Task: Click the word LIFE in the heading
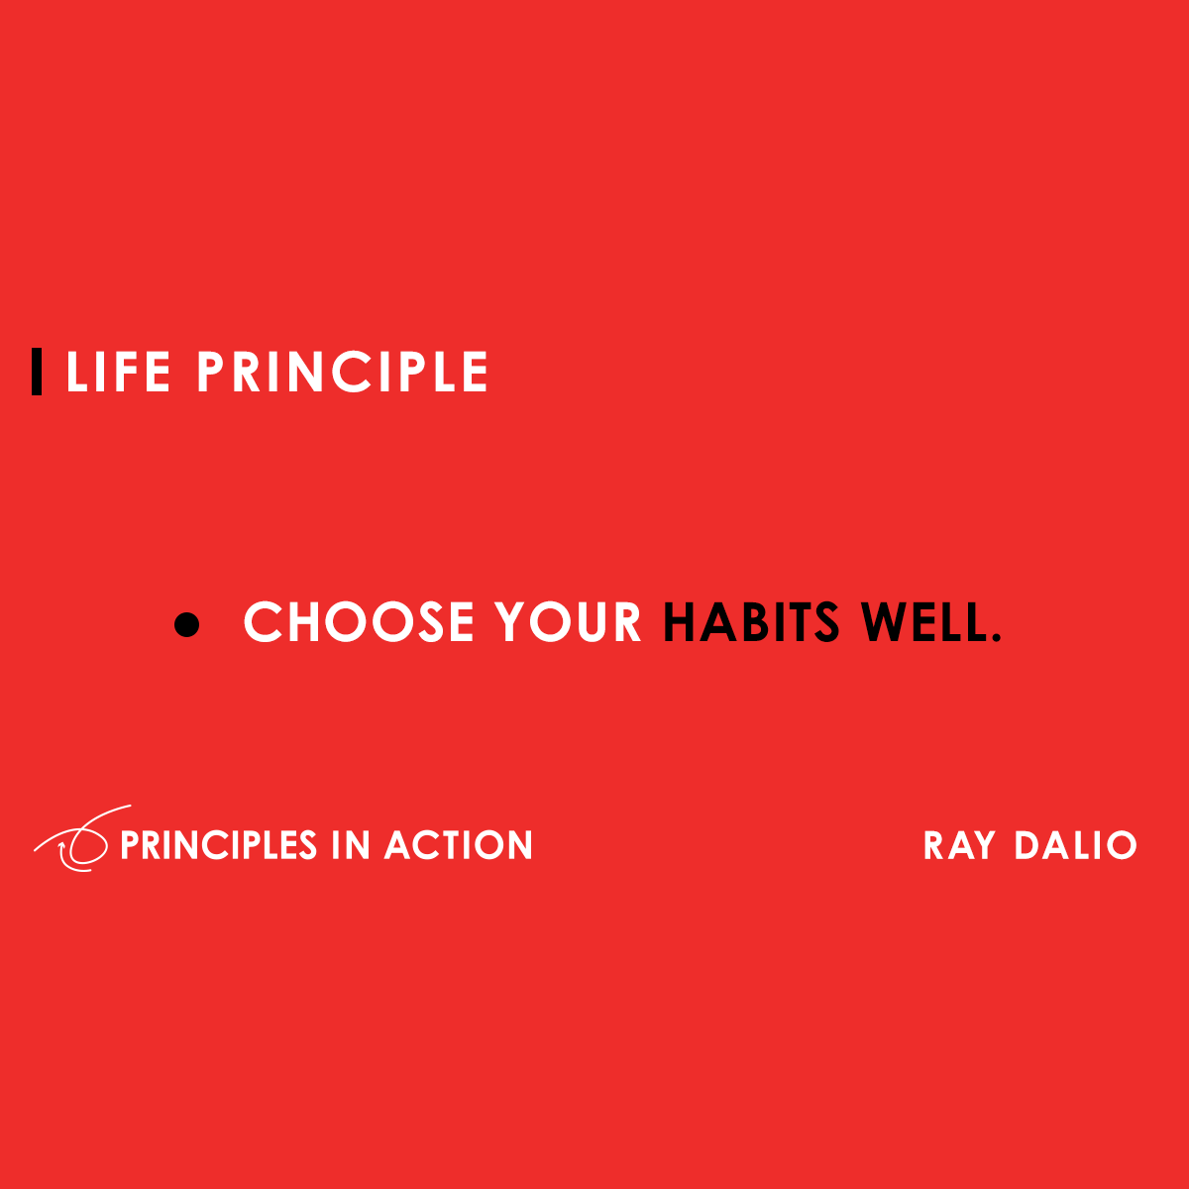point(118,372)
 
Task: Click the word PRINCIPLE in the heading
point(343,372)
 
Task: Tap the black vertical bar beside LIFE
point(37,372)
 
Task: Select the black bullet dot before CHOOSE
point(186,624)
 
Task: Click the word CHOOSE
point(359,621)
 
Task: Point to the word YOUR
point(568,621)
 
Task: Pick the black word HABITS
point(751,621)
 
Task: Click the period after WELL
point(995,637)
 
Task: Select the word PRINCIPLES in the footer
point(218,845)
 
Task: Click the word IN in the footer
point(351,845)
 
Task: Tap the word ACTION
point(459,845)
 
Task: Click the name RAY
point(959,845)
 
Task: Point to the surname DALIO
point(1076,845)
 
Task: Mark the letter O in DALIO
point(1121,845)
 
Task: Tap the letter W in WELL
point(886,621)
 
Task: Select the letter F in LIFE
point(120,372)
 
